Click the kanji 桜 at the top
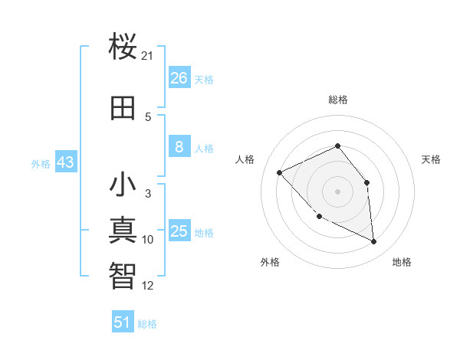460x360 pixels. pos(123,47)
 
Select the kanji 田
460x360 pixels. pos(123,109)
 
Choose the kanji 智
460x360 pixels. pos(123,275)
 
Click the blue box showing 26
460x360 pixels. pos(179,78)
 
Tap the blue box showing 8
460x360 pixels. pos(179,147)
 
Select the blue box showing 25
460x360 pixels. pos(179,231)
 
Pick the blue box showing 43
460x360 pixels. pos(64,162)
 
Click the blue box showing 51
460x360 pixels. pos(123,322)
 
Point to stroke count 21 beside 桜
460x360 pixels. pos(148,56)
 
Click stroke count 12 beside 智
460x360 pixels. pos(148,286)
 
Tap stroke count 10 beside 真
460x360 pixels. pos(148,240)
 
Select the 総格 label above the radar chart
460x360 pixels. pos(337,100)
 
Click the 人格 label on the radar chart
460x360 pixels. pos(245,159)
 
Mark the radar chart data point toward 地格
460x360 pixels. pos(374,242)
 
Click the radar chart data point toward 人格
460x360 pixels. pos(280,172)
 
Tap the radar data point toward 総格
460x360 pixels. pos(337,146)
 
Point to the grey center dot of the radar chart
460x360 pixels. pos(337,191)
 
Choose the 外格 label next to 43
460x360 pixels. pos(41,163)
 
